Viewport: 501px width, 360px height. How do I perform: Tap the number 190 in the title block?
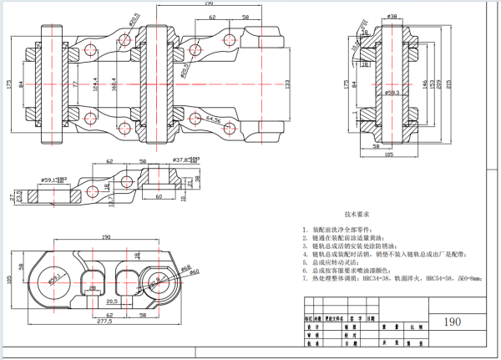452,322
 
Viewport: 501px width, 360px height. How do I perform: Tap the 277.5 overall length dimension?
105,321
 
